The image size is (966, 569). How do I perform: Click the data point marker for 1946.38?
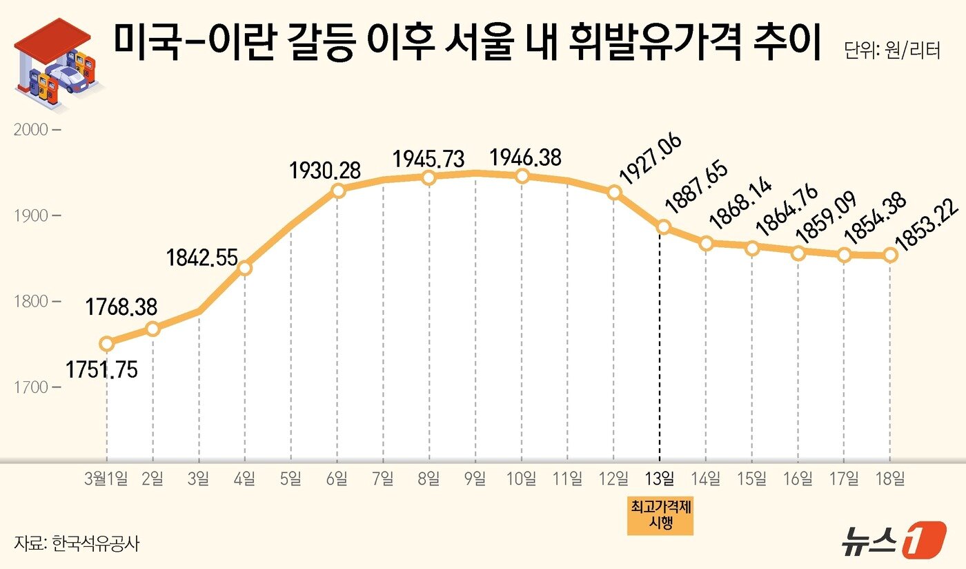[x=522, y=176]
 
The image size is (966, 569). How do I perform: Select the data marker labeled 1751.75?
[x=106, y=343]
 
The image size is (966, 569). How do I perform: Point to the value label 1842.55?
[x=201, y=259]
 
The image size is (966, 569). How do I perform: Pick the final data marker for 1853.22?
[x=890, y=255]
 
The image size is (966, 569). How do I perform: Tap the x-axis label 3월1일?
[x=106, y=479]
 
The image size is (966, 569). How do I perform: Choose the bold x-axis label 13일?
[x=660, y=479]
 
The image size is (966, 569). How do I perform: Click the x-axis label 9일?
[x=475, y=479]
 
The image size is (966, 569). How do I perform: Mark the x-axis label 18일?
[x=890, y=479]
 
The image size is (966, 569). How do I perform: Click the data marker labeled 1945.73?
[x=429, y=177]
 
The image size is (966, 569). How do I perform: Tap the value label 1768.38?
[x=121, y=307]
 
